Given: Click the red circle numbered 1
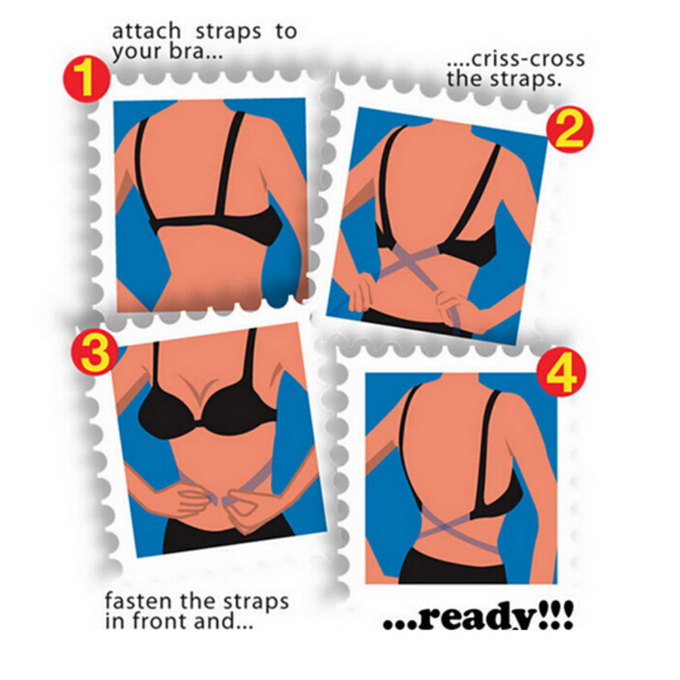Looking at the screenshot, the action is [86, 79].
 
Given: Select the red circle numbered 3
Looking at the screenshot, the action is [95, 351].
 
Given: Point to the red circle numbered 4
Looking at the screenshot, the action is [561, 373].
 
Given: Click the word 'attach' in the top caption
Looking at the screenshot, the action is [146, 32].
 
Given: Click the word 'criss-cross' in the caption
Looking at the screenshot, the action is [527, 60].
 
